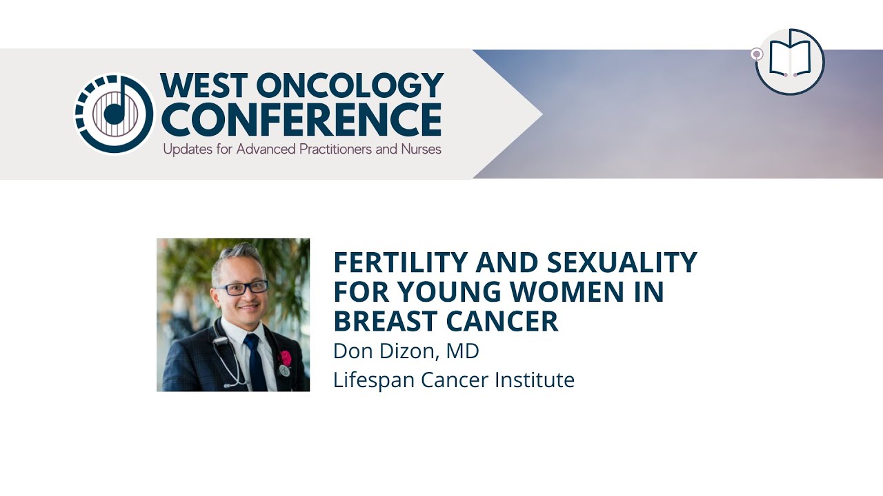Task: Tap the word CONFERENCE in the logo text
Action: tap(301, 120)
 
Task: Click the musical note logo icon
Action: tap(114, 113)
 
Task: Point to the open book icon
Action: tap(790, 61)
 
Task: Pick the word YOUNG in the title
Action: tap(450, 292)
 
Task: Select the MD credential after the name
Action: tap(462, 351)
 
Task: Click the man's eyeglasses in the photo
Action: tap(241, 288)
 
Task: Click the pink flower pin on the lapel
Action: tap(284, 358)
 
